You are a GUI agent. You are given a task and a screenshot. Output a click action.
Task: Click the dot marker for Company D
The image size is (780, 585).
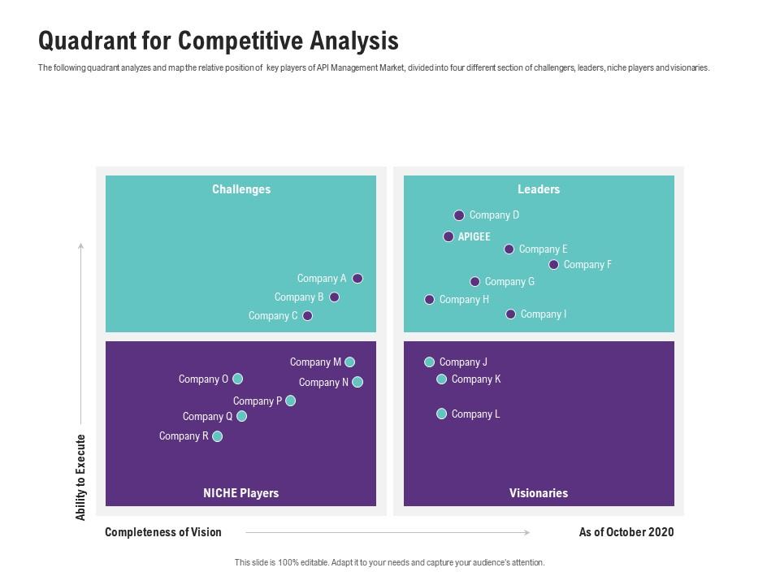tap(459, 215)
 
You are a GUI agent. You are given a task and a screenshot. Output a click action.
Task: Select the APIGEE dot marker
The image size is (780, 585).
tap(448, 236)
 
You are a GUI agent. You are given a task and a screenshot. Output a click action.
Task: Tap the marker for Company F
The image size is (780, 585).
tap(554, 265)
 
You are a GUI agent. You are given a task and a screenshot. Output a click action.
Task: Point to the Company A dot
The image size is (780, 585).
tap(357, 279)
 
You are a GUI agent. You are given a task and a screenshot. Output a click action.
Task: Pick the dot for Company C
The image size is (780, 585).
tap(308, 316)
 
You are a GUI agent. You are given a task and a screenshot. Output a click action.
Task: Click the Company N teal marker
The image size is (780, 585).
tap(357, 382)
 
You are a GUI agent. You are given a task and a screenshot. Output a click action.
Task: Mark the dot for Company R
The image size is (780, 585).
tap(217, 436)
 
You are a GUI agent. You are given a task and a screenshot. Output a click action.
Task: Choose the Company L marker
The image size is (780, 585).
tap(442, 414)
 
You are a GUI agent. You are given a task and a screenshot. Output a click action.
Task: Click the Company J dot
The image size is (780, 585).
tap(430, 362)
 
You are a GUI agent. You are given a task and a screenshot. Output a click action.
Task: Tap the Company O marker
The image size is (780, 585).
tap(238, 379)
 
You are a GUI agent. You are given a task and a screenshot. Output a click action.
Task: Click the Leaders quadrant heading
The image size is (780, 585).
tap(539, 189)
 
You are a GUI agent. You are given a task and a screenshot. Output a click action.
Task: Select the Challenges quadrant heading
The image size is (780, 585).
tap(241, 189)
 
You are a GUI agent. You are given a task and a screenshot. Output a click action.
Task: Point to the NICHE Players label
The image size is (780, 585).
tap(240, 493)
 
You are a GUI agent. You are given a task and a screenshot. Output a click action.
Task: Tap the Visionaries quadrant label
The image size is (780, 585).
tap(539, 493)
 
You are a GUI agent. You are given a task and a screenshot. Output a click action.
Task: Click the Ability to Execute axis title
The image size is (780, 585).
tap(80, 478)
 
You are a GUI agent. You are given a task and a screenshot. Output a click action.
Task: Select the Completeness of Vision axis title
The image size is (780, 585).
tap(163, 532)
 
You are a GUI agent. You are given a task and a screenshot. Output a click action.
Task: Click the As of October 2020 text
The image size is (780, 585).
tap(626, 532)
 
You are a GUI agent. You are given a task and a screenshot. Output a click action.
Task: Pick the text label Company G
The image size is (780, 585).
tap(509, 282)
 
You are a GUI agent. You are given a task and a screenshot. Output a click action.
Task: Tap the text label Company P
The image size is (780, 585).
tap(258, 401)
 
